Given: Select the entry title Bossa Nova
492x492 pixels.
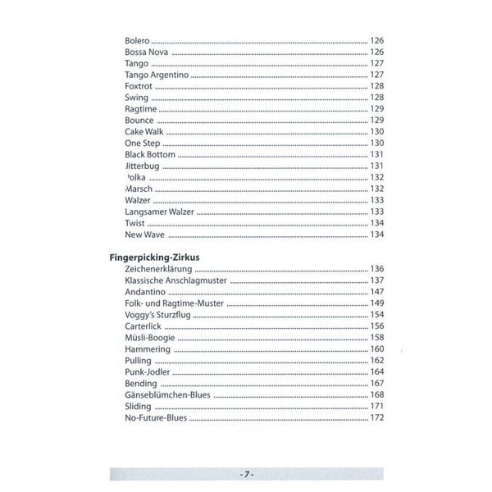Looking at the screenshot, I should tap(147, 52).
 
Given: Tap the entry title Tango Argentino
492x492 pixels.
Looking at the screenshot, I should tap(157, 75).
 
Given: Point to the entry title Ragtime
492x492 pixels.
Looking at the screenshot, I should tap(141, 109).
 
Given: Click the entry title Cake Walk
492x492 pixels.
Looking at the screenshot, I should tap(144, 131).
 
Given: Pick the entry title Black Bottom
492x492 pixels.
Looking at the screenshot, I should tap(150, 154).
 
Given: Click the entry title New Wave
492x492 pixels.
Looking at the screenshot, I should tap(145, 235).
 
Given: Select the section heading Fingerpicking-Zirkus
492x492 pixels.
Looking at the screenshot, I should tap(155, 257).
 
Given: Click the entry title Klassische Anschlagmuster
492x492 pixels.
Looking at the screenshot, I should tap(176, 280).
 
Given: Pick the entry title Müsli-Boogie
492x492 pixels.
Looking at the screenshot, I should tap(153, 338).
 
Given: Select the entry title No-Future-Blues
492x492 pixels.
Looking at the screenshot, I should tap(156, 418).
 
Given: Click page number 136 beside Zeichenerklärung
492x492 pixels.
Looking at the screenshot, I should tap(377, 269).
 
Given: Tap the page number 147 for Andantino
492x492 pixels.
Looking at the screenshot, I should tap(377, 292).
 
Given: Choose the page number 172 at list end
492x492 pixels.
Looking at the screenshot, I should tap(377, 418).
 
